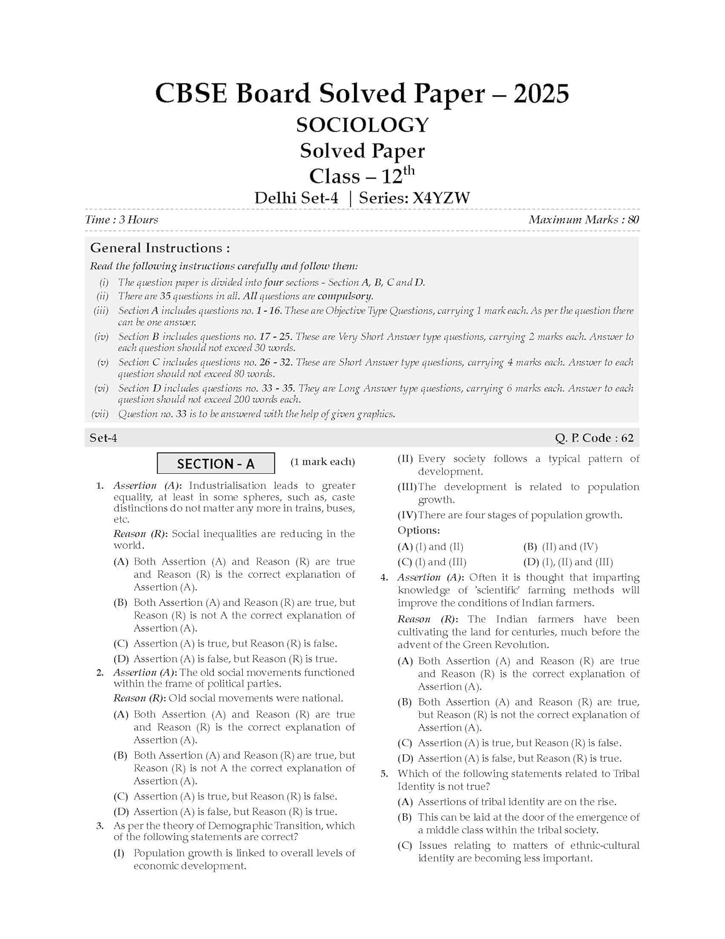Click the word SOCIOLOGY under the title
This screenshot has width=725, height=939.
pyautogui.click(x=362, y=125)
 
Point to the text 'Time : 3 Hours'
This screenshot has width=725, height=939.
pyautogui.click(x=121, y=220)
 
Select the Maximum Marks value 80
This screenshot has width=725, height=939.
pyautogui.click(x=633, y=220)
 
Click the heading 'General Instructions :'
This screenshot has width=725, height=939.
pyautogui.click(x=160, y=248)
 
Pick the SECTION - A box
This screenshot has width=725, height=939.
pyautogui.click(x=215, y=464)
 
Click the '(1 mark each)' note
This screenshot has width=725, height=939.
pyautogui.click(x=322, y=462)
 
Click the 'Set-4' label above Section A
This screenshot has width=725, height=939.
pyautogui.click(x=103, y=438)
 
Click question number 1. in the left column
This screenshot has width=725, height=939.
pyautogui.click(x=99, y=486)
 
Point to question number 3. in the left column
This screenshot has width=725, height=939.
pyautogui.click(x=99, y=826)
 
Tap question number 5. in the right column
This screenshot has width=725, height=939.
pyautogui.click(x=385, y=774)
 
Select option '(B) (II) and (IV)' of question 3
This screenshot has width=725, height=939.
pyautogui.click(x=560, y=546)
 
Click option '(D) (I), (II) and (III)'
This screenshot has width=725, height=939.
pyautogui.click(x=567, y=562)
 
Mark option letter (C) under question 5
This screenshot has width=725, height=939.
pyautogui.click(x=405, y=846)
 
